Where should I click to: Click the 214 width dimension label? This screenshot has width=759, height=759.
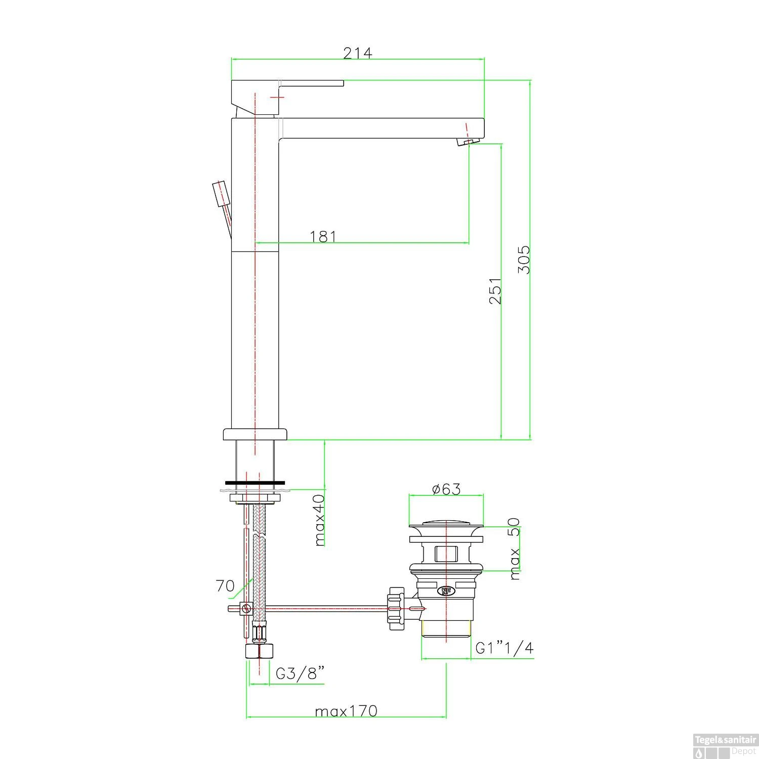357,53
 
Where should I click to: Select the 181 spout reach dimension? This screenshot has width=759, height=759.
323,236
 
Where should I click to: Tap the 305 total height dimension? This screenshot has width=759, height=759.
524,260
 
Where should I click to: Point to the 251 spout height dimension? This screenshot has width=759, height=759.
495,290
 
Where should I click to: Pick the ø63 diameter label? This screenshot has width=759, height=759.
446,489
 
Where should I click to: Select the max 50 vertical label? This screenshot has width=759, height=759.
514,548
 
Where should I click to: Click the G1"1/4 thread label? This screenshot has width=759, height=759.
504,648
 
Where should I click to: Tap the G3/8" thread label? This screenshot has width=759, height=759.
300,673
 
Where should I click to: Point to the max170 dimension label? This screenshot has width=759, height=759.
346,711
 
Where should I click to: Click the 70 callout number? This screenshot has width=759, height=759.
225,586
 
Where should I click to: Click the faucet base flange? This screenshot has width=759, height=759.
255,434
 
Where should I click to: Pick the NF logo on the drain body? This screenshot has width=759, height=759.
446,590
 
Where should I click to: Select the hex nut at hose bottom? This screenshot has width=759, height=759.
260,651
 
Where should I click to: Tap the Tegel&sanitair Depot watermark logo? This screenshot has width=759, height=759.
725,745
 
